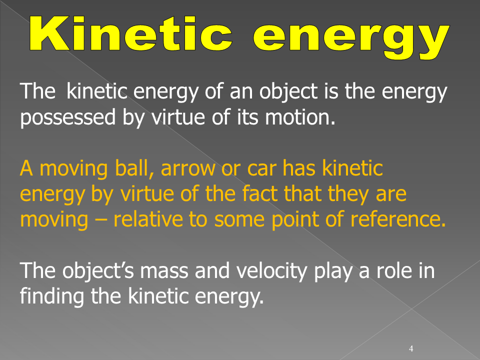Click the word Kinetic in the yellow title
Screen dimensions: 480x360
pyautogui.click(x=131, y=33)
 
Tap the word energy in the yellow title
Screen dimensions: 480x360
pyautogui.click(x=351, y=38)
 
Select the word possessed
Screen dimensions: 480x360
pyautogui.click(x=68, y=117)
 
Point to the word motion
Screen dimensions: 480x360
pyautogui.click(x=300, y=117)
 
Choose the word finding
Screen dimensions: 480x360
pyautogui.click(x=52, y=297)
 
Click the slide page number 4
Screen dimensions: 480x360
pyautogui.click(x=411, y=348)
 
